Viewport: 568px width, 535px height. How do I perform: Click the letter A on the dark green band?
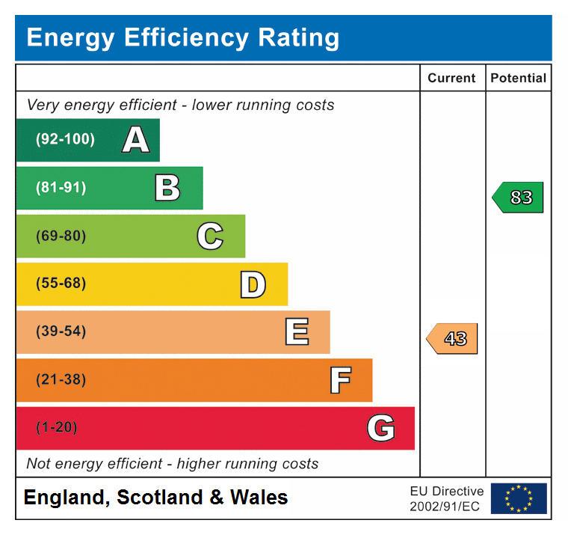[135, 140]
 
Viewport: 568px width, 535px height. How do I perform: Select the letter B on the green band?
[167, 188]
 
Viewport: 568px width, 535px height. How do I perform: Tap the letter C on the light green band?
[210, 236]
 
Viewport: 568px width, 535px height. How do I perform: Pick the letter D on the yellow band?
[253, 284]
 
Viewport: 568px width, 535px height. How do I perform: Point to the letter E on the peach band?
[297, 332]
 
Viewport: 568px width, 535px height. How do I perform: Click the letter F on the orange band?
[340, 380]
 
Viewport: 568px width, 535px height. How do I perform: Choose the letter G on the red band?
[381, 428]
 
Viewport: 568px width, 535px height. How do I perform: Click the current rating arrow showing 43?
[453, 339]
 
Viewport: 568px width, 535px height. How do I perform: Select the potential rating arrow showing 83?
[519, 198]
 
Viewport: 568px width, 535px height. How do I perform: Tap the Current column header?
[451, 78]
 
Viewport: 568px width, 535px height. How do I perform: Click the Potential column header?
[518, 78]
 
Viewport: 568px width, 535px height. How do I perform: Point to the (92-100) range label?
[65, 139]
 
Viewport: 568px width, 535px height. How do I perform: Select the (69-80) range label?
[61, 236]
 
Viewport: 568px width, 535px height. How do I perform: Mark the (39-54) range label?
[61, 331]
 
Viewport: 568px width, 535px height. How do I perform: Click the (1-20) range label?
[56, 427]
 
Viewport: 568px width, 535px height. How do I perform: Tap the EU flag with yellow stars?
[519, 498]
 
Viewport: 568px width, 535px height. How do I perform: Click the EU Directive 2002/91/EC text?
[446, 498]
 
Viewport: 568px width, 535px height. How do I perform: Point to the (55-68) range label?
[61, 284]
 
